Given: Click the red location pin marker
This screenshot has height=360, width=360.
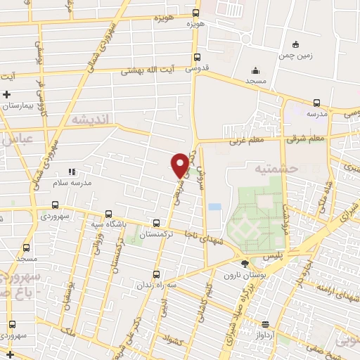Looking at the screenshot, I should (x=180, y=165).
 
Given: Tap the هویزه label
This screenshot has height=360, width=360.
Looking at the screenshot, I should (x=195, y=24).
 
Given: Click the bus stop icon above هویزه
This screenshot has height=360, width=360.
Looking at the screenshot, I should (x=195, y=12).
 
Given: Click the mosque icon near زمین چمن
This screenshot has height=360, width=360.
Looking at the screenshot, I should (x=255, y=70).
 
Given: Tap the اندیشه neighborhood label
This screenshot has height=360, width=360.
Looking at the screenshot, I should (x=88, y=120).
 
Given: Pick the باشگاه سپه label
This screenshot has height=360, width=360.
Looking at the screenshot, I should (x=108, y=225).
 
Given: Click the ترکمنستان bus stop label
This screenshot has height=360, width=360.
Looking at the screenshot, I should (x=157, y=235).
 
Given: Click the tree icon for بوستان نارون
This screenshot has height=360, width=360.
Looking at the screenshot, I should (x=244, y=264).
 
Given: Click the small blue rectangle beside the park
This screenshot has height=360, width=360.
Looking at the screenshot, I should (x=214, y=207).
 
